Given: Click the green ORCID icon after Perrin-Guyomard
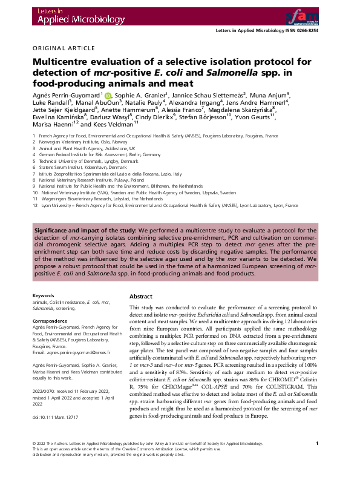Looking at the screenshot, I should click(x=108, y=96).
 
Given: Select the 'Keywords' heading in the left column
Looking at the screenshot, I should click(x=43, y=296).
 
